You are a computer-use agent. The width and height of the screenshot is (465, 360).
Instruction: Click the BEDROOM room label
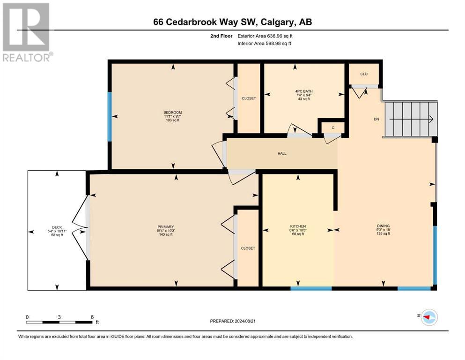[x=173, y=112]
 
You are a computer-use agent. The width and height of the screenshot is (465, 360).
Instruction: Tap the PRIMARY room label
[x=165, y=227]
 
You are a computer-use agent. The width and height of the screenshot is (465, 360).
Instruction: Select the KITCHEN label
[x=298, y=226]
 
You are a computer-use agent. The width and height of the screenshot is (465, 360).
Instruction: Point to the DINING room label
[x=383, y=226]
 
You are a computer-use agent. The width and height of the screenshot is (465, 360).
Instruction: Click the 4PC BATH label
[x=303, y=91]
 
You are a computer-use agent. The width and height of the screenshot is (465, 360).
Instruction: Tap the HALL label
[x=282, y=153]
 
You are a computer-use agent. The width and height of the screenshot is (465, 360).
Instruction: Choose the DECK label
[x=57, y=227]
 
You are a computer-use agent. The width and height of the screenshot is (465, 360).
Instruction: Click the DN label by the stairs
[x=376, y=119]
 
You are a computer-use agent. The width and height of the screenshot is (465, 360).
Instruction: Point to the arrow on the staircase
[x=411, y=120]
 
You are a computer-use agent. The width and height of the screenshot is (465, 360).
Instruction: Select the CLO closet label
[x=364, y=74]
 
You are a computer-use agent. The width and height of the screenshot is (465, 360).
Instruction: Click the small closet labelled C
[x=333, y=127]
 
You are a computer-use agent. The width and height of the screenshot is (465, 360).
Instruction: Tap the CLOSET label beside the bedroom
[x=249, y=98]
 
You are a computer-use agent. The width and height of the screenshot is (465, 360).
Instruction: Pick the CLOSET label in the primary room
[x=248, y=248]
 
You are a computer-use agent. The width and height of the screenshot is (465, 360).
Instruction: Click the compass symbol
[x=429, y=317]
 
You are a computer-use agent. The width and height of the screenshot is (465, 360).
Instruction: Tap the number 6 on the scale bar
[x=93, y=317]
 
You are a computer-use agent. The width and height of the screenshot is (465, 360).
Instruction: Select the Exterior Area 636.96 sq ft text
[x=265, y=36]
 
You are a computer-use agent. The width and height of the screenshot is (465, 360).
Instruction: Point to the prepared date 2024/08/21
[x=244, y=321]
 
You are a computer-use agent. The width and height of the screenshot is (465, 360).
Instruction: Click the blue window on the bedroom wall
[x=110, y=117]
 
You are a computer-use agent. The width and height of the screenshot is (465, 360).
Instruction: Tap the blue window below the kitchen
[x=311, y=288]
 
